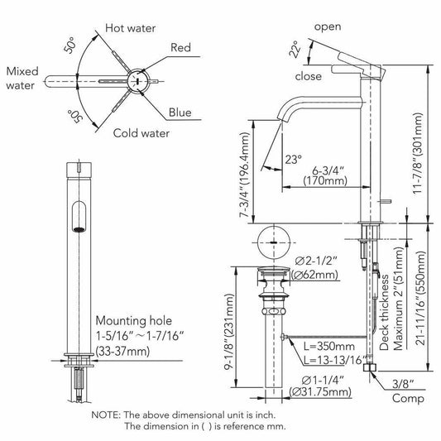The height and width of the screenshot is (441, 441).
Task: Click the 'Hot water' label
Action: coord(130,28)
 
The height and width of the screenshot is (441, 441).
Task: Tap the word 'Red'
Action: coord(180,47)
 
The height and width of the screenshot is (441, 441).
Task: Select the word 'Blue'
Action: coord(180,113)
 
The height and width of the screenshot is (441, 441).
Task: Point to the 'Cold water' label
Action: coord(141,133)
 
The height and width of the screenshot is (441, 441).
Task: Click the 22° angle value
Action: coord(295,49)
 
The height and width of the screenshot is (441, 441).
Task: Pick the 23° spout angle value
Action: coord(294,160)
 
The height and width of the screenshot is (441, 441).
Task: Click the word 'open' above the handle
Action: coord(328,26)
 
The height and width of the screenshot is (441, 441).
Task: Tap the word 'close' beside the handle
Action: coord(309,76)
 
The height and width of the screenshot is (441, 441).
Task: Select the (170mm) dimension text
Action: coord(325,180)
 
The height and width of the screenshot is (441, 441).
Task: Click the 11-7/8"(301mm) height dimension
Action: coord(418,153)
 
